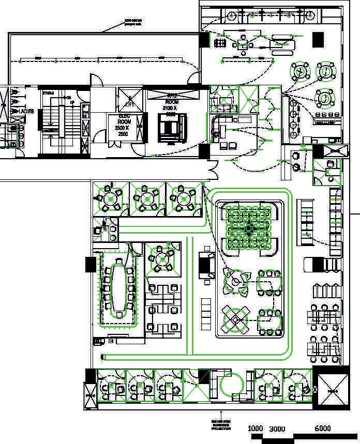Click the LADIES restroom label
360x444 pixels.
(26, 111)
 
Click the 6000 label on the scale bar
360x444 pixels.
(322, 428)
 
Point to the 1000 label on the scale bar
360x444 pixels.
(256, 428)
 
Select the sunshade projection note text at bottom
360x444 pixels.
(221, 425)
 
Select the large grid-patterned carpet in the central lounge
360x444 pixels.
(249, 227)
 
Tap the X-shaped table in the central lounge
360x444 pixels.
(235, 319)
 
